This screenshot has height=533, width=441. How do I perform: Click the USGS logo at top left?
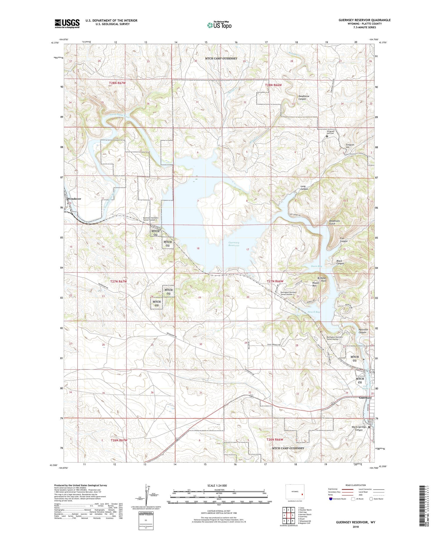(x=67, y=24)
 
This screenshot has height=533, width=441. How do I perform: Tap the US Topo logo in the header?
(x=219, y=25)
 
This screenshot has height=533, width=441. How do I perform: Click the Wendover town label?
(x=74, y=199)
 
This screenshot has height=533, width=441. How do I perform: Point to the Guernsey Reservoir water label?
(x=234, y=244)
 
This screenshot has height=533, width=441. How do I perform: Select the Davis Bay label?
(x=316, y=266)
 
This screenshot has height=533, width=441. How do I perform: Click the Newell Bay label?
(x=314, y=312)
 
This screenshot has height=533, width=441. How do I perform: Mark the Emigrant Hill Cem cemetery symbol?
(x=327, y=136)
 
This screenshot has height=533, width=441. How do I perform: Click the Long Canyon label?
(x=304, y=188)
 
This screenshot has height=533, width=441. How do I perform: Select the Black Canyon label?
(x=340, y=262)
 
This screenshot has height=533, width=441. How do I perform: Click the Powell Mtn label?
(x=316, y=284)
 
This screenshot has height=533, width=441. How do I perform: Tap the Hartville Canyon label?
(x=363, y=331)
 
